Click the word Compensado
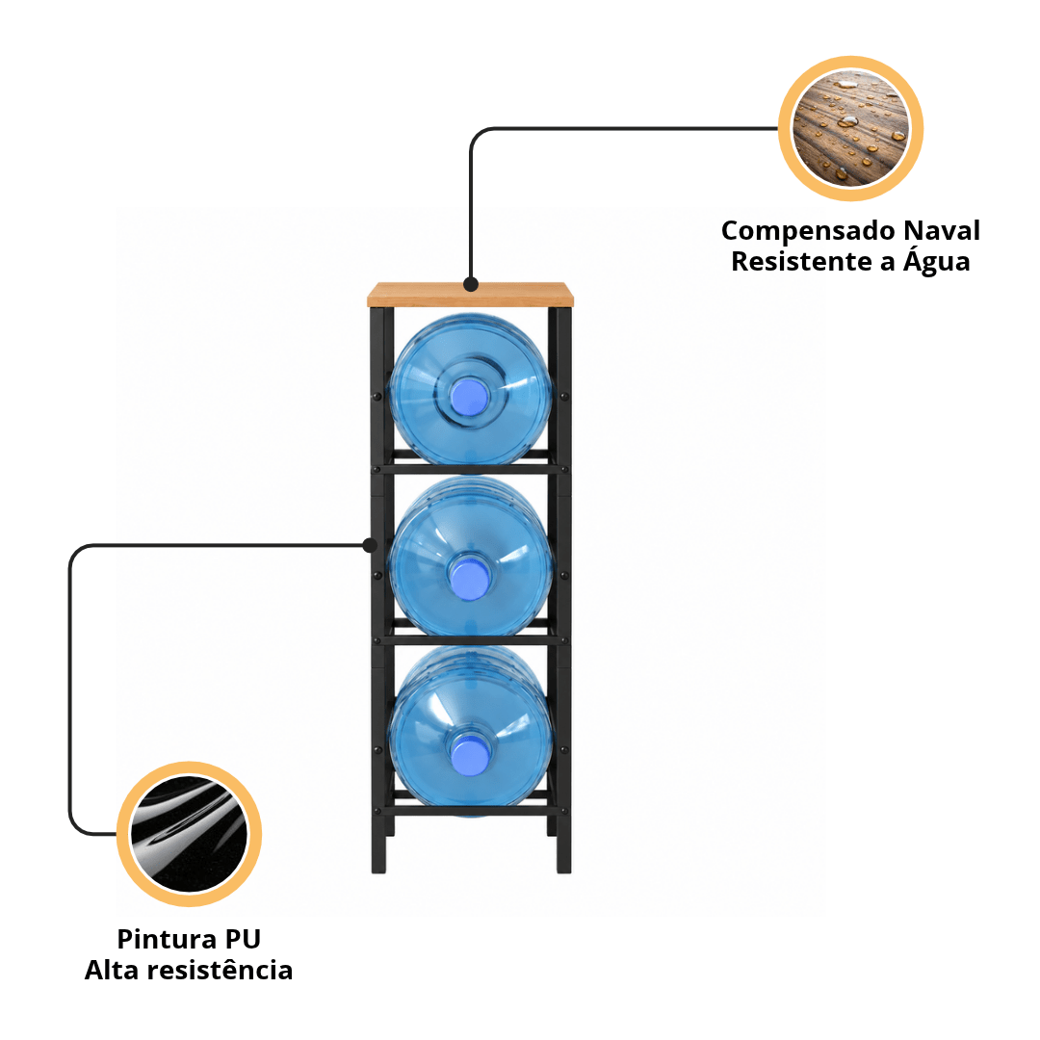(x=809, y=232)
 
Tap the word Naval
(x=942, y=230)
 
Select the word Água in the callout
(x=937, y=259)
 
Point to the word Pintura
(x=166, y=939)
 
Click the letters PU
(x=243, y=939)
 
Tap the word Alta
(x=112, y=970)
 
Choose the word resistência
(x=220, y=970)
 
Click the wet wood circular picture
(x=850, y=128)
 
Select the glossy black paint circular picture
(x=189, y=834)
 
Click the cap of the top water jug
(x=470, y=397)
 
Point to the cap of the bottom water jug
(x=470, y=756)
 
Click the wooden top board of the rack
(x=470, y=295)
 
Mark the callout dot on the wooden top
(x=471, y=284)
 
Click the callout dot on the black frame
(x=370, y=545)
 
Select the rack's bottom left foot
(x=378, y=856)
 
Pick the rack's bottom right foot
(x=563, y=856)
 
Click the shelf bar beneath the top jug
(x=470, y=469)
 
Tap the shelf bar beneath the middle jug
(x=470, y=640)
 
